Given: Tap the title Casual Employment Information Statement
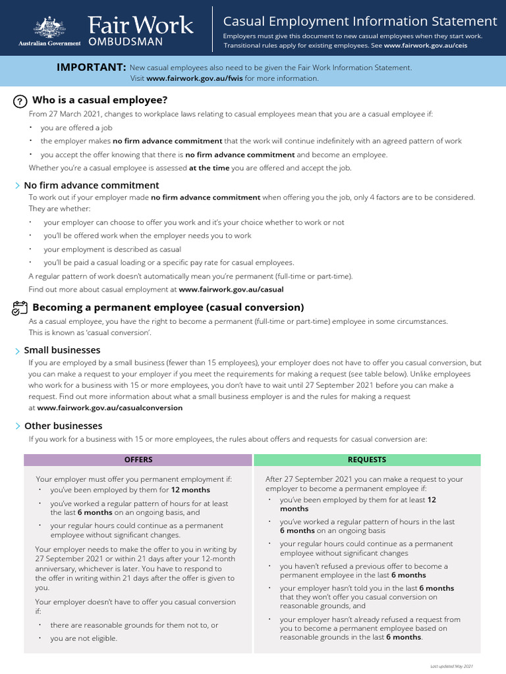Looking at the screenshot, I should click(360, 22).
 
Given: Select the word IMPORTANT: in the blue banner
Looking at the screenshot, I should click(91, 67).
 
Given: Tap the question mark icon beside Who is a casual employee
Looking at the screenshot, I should click(20, 101).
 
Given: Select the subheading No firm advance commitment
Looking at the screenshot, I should click(92, 186).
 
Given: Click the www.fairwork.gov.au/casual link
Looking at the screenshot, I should click(231, 289).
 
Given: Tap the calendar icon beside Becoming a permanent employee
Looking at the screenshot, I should click(20, 307).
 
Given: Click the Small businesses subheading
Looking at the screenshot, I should click(62, 350).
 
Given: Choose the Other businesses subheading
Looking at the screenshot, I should click(63, 426).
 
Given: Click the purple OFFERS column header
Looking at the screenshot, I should click(138, 460).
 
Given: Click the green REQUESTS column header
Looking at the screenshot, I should click(367, 460).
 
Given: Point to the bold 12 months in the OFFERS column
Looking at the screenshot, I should click(190, 490).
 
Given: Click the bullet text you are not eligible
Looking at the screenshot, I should click(84, 638).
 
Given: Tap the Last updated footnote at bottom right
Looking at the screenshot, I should click(451, 667).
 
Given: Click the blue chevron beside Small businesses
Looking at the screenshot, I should click(17, 351).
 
